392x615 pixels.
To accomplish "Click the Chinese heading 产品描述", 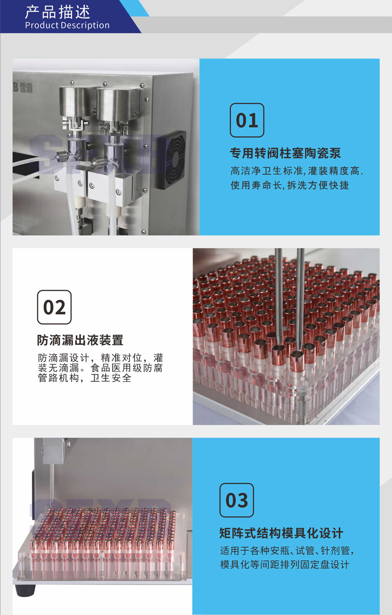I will coord(57,11).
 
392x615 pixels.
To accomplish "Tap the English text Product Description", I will coord(67,25).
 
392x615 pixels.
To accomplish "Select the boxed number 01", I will coord(247,120).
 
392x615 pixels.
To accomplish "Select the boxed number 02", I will coord(54,307).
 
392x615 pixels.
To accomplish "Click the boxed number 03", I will coord(237,500).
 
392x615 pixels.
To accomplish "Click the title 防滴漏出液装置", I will coord(80,340).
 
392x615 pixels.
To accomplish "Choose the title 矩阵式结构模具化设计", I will coord(281,533).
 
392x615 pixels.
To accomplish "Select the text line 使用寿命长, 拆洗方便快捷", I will coord(290,186).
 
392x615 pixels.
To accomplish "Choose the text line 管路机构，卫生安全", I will coord(85,378).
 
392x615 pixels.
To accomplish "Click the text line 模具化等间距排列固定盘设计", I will coord(285,565).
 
